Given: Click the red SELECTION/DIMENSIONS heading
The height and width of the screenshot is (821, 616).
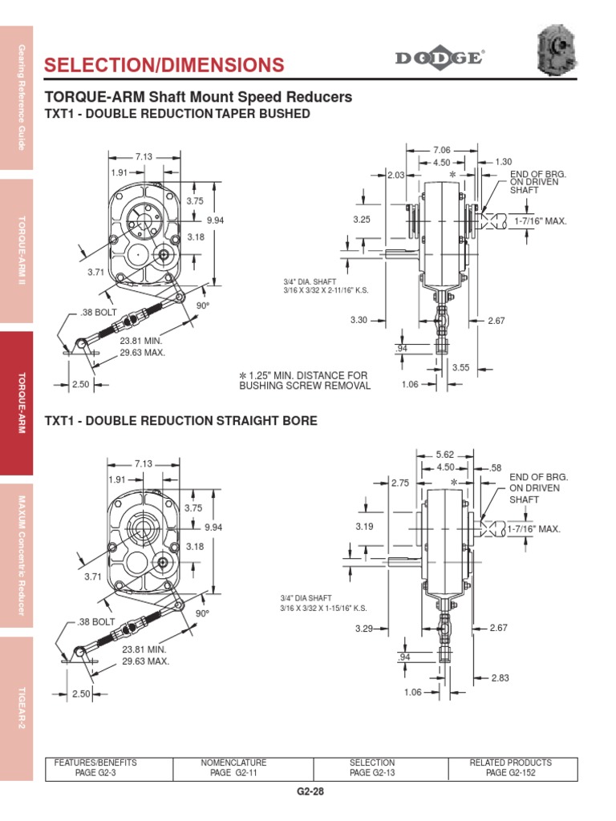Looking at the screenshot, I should click(x=164, y=65).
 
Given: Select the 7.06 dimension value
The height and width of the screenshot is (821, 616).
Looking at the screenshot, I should click(x=442, y=150).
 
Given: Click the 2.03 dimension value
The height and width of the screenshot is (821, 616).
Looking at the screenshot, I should click(x=395, y=175).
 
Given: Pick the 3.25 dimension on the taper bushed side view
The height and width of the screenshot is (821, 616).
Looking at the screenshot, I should click(x=363, y=219).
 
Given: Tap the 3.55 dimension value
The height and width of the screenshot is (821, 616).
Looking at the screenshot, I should click(x=460, y=367).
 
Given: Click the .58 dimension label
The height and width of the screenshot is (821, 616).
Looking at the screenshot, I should click(x=495, y=467).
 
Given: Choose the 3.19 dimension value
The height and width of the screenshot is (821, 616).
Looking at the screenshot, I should click(x=365, y=528).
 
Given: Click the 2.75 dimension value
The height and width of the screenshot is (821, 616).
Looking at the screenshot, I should click(x=400, y=483).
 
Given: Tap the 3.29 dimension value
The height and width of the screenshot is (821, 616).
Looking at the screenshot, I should click(x=366, y=629).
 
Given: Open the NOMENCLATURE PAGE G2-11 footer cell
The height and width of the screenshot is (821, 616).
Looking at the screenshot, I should click(x=233, y=767).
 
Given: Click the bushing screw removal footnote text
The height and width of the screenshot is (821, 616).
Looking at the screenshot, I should click(x=305, y=380).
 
